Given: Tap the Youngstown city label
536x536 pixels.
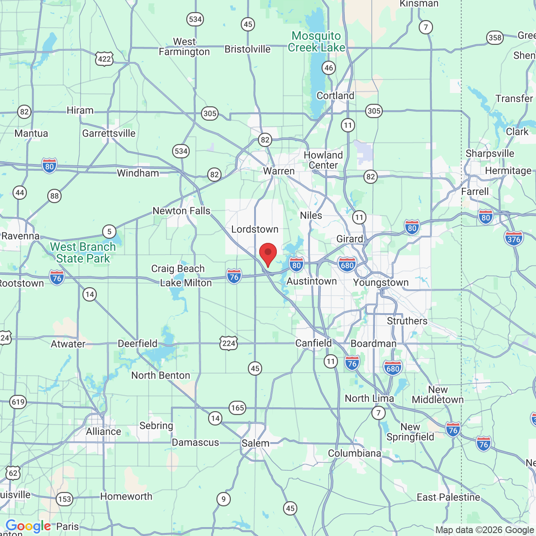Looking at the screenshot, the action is click(x=381, y=283).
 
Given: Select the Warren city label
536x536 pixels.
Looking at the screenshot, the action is click(x=279, y=171).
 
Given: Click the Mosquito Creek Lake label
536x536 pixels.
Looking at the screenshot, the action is click(x=317, y=42).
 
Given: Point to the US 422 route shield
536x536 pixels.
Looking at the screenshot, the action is click(x=104, y=59).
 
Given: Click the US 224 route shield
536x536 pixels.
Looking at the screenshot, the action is click(x=229, y=343).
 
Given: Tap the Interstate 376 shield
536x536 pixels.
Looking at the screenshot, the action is click(x=514, y=239).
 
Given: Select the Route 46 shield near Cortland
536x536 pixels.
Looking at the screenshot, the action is click(x=329, y=68).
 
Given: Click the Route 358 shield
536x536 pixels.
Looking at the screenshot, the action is click(x=495, y=38).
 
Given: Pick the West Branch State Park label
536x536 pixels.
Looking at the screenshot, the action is click(x=83, y=253).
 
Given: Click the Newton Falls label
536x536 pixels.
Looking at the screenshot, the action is click(x=181, y=211).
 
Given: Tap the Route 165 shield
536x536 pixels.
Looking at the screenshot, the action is click(x=237, y=408).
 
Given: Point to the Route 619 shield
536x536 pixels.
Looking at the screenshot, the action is click(x=18, y=402).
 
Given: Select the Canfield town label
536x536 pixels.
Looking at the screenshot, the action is click(x=314, y=343).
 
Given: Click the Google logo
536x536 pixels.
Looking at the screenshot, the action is click(x=28, y=526).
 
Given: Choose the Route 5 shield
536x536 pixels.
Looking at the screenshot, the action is click(x=109, y=232).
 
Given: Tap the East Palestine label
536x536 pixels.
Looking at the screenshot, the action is click(x=448, y=497).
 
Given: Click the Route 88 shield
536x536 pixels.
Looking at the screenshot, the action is click(x=54, y=196).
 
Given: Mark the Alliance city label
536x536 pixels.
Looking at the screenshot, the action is click(x=103, y=432).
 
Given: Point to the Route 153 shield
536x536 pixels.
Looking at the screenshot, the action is click(x=64, y=499).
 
